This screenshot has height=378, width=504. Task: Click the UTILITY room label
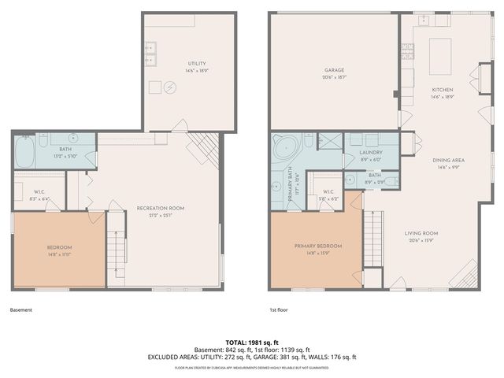click(x=197, y=63)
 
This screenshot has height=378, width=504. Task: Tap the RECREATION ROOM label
click(x=160, y=208)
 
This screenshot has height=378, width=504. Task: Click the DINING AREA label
click(x=449, y=160)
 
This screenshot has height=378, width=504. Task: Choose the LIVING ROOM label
click(x=421, y=233)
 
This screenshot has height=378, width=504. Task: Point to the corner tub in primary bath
click(x=282, y=148)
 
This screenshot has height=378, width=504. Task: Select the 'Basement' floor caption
click(x=22, y=309)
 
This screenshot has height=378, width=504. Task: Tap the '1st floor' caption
click(x=279, y=309)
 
